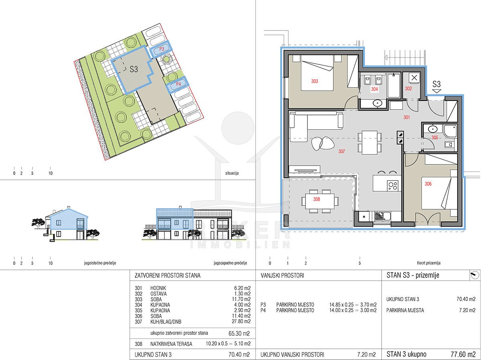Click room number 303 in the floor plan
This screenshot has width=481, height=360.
(315, 81)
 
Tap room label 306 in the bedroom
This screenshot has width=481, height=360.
(428, 184)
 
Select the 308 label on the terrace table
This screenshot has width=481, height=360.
(316, 199)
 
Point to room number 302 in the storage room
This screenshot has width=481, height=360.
(408, 88)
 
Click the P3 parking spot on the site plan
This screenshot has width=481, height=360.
(162, 49)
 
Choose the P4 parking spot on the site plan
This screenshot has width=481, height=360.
(178, 84)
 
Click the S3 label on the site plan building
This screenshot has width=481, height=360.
(133, 69)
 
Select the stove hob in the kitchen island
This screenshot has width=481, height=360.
(393, 185)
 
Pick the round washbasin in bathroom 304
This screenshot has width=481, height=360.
(377, 103)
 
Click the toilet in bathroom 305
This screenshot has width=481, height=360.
(449, 145)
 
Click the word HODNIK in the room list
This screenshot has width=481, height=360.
(158, 288)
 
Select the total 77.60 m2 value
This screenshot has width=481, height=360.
(463, 354)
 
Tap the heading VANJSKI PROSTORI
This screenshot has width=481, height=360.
(282, 276)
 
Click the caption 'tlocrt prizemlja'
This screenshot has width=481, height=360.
(428, 263)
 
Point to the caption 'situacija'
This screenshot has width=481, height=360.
(232, 173)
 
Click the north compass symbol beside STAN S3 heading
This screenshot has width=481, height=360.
(475, 275)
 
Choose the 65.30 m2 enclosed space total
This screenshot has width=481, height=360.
(239, 333)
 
